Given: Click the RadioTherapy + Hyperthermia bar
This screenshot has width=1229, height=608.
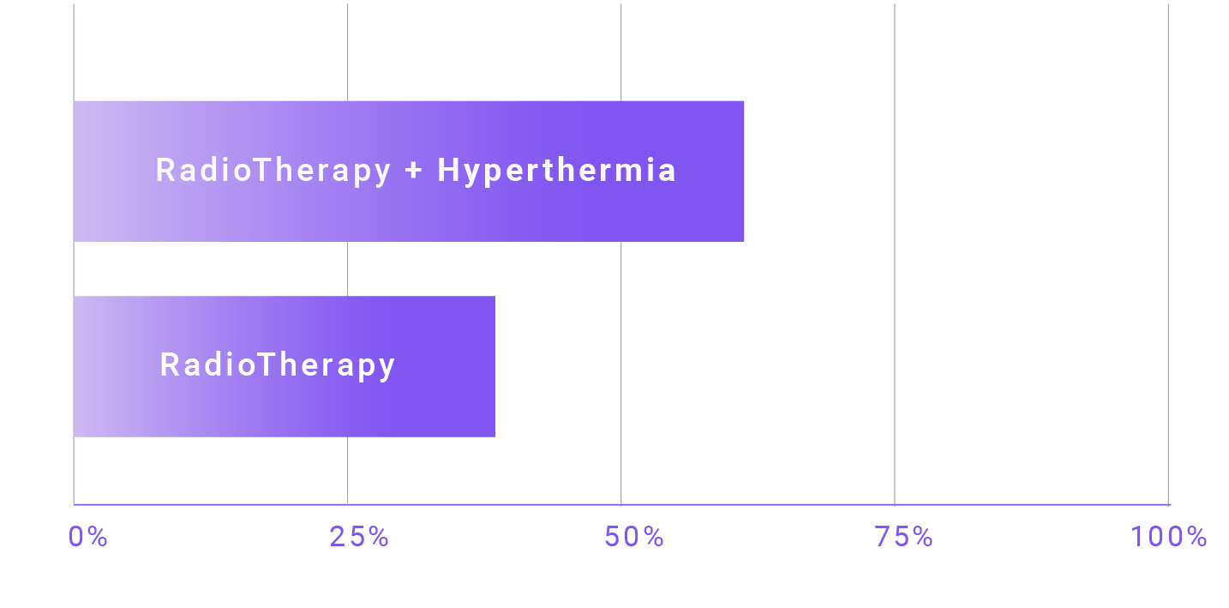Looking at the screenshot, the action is coord(409,172).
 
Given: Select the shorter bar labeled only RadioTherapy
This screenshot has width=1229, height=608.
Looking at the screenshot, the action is coord(285,366).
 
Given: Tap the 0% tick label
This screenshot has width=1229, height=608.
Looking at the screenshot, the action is coord(87,537).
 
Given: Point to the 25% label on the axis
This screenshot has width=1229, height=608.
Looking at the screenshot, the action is coord(359,537).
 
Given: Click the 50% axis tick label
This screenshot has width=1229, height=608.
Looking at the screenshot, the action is coord(633,537).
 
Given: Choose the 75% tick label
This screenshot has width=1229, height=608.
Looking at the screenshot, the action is coord(903,537).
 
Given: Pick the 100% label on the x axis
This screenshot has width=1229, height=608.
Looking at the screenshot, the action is coord(1169,537).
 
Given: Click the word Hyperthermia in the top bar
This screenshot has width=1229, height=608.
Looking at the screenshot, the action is coord(557,171).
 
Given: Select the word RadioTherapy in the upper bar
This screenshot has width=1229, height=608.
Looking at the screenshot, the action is coord(273,171).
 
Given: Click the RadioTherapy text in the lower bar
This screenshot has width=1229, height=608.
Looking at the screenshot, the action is coord(277,365).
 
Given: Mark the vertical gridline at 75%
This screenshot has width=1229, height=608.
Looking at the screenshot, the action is coord(894,254).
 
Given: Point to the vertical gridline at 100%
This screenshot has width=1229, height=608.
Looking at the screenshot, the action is coord(1168,254).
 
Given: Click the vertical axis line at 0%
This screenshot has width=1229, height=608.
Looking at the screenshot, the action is coord(74,254).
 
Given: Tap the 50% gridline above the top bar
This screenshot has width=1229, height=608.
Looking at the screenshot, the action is coord(621,52).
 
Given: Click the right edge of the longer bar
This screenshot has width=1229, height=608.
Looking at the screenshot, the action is coord(743,172).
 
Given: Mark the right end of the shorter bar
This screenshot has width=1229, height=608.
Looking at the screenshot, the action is coord(495,366).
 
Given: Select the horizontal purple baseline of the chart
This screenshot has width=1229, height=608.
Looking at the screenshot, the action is coord(621,504).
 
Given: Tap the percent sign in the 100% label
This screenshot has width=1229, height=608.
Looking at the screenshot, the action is coord(1196,537).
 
